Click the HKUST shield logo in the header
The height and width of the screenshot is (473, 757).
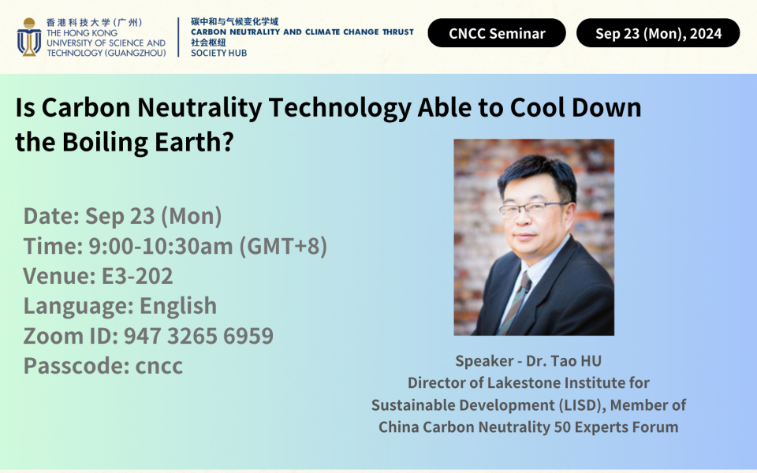click(x=29, y=37)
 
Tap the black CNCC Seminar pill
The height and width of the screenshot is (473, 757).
click(x=497, y=33)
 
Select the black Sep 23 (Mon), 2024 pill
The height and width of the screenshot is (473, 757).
click(x=658, y=33)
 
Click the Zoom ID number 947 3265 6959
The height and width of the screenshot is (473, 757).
click(x=198, y=336)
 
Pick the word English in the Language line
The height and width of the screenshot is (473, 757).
click(x=178, y=306)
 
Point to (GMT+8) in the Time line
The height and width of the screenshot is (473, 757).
click(x=283, y=246)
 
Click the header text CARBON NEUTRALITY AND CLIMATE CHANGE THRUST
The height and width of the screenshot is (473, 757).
click(x=302, y=32)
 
